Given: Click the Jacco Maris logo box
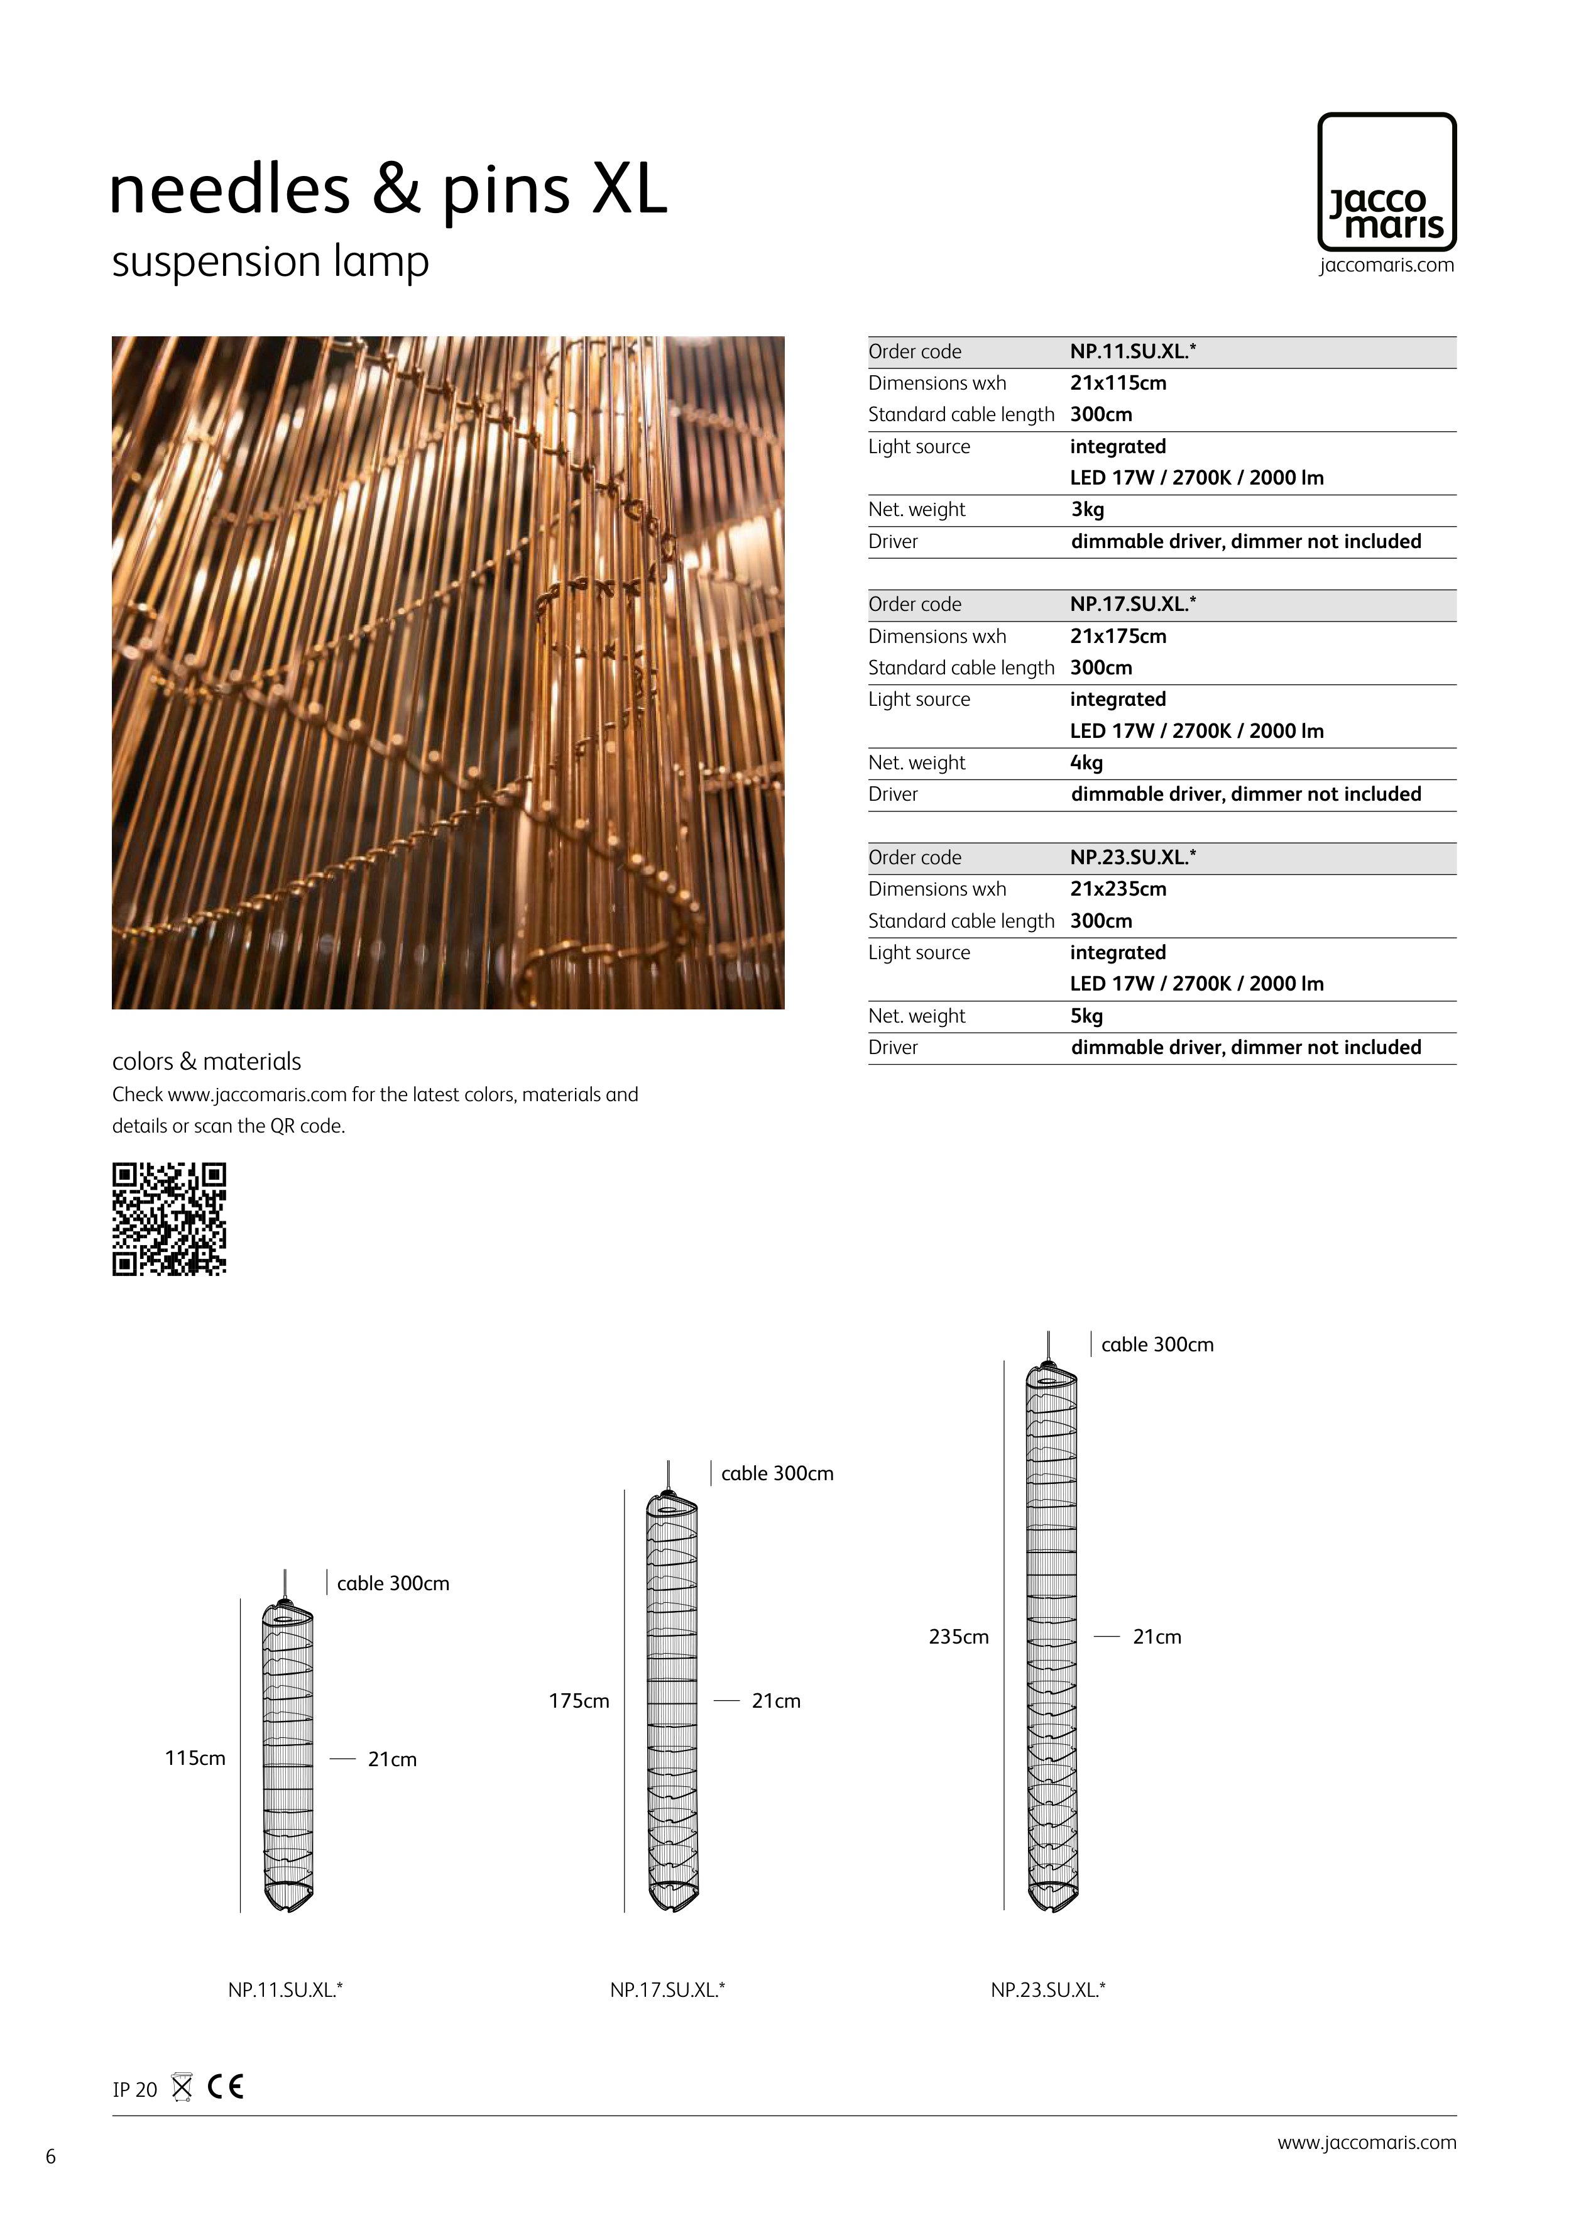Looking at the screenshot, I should [x=1386, y=182].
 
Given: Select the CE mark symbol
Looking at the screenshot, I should [x=225, y=2087].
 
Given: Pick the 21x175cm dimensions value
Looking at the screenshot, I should [x=1118, y=636].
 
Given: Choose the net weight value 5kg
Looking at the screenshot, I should [x=1086, y=1016].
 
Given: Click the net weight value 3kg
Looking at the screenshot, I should [x=1086, y=510].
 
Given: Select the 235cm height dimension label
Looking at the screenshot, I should [x=958, y=1637].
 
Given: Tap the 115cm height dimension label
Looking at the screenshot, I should [x=194, y=1758].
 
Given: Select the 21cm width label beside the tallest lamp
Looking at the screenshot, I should [x=1156, y=1637].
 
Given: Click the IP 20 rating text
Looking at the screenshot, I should [x=134, y=2089].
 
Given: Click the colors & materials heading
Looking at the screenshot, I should [x=206, y=1062].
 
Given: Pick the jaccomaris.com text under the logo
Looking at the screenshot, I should [x=1386, y=265].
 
